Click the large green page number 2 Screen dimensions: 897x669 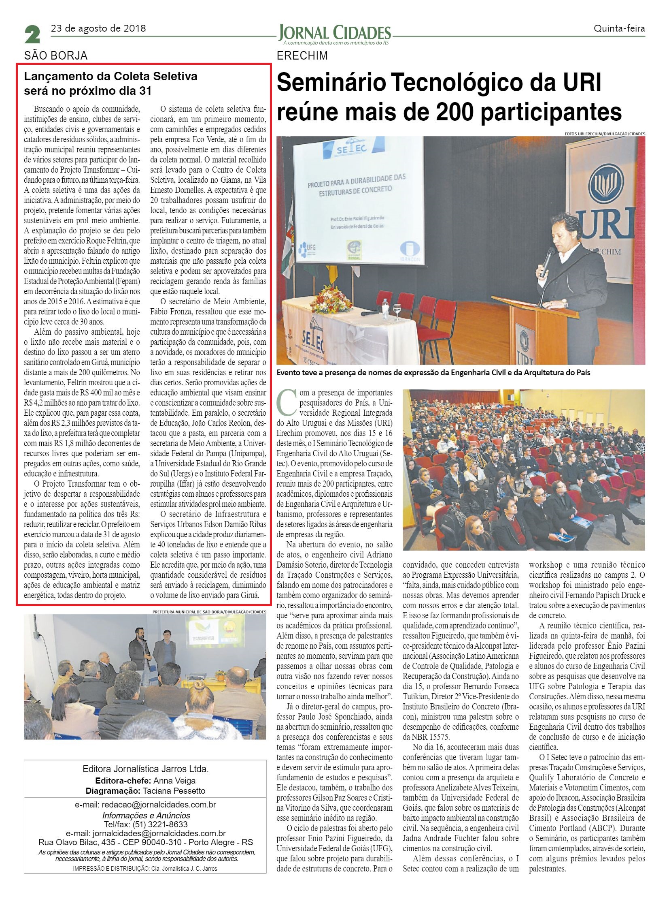tap(32, 34)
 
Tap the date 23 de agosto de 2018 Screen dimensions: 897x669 tap(98, 28)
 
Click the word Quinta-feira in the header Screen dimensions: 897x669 tap(619, 28)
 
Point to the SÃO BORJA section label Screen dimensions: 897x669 tap(55, 56)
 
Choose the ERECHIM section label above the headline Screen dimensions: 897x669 tap(302, 56)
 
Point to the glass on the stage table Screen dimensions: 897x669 tap(397, 310)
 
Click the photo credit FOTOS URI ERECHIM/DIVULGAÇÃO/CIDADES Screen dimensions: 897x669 tap(605, 133)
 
